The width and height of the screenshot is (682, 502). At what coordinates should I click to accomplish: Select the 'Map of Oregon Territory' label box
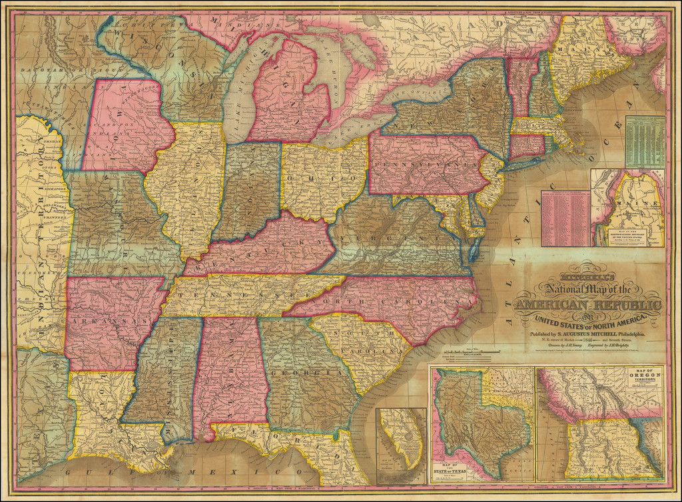pyautogui.click(x=643, y=376)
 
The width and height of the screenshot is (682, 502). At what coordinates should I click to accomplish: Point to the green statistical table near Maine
pyautogui.click(x=645, y=142)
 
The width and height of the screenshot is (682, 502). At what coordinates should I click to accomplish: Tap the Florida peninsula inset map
pyautogui.click(x=402, y=445)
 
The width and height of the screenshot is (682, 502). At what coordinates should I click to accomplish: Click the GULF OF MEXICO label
pyautogui.click(x=167, y=474)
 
